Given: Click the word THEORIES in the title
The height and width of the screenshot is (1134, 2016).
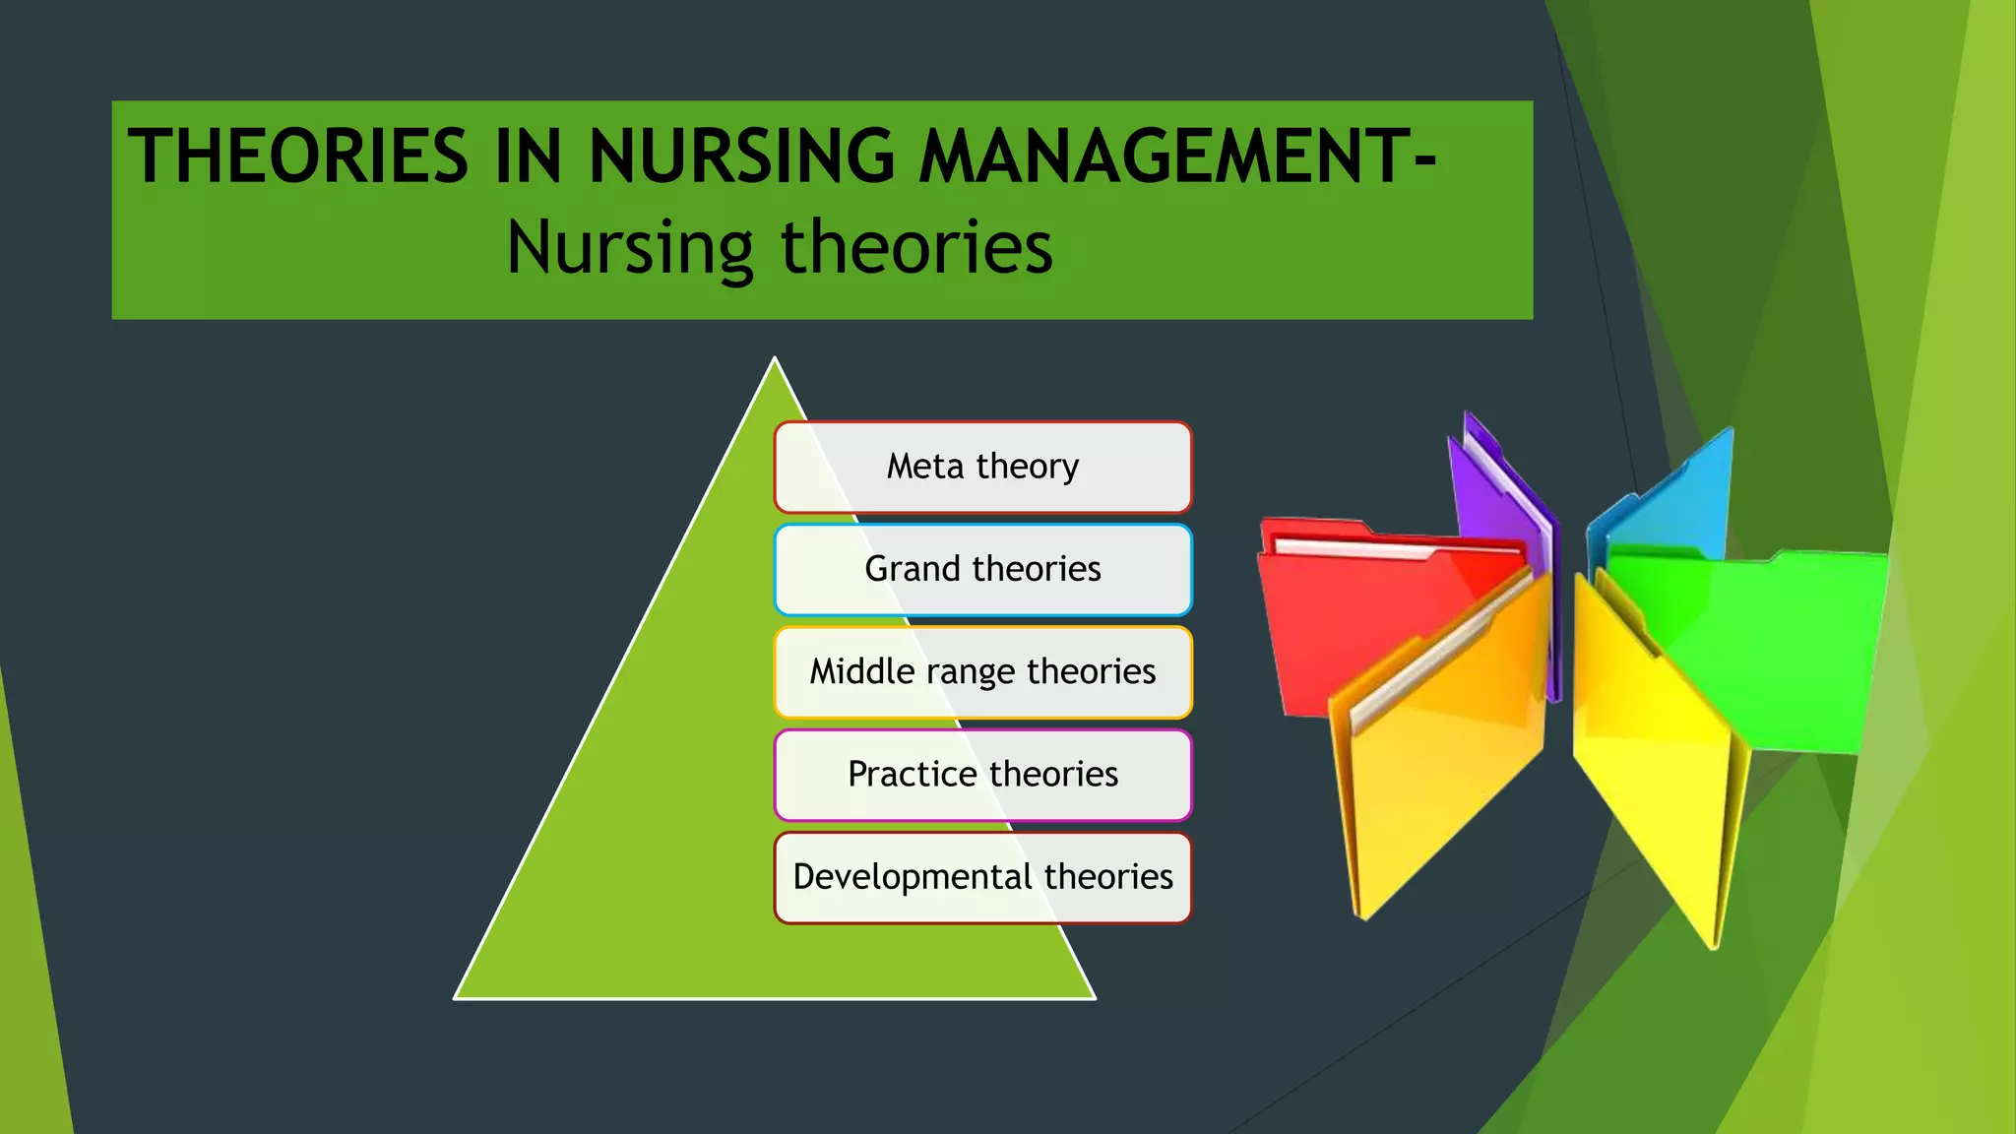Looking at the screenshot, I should click(x=298, y=156).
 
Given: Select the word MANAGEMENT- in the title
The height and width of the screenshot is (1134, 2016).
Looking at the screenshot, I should click(x=1177, y=156).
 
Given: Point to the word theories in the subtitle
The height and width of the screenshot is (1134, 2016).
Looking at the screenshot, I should click(x=916, y=248).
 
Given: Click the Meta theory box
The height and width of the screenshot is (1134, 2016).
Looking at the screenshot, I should click(x=982, y=467).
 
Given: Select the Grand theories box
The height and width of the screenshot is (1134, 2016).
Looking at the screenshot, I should click(x=982, y=569).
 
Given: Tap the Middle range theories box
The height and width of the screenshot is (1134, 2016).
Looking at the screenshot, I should click(x=982, y=672).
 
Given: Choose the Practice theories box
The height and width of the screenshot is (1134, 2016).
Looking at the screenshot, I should click(x=982, y=775).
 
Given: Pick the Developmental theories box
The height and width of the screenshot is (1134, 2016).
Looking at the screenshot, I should click(x=982, y=877).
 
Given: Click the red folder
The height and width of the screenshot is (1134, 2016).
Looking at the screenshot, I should click(x=1358, y=610).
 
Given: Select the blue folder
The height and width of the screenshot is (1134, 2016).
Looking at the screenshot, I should click(x=1673, y=502).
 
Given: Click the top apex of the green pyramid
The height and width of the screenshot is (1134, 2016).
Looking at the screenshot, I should click(x=775, y=359).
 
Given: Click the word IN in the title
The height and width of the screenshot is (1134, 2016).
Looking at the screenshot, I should click(x=528, y=156).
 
